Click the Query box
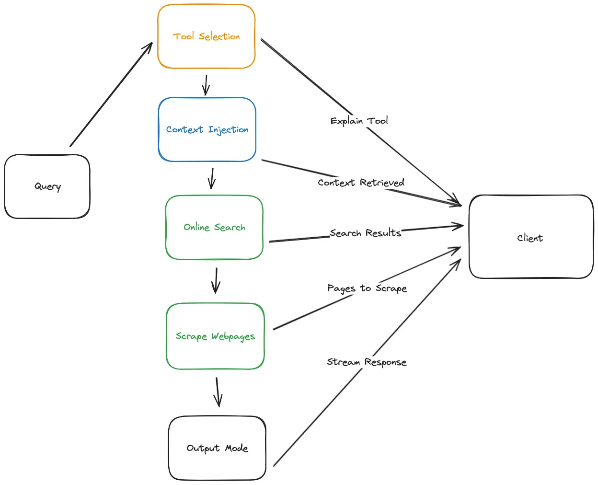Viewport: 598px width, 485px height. [47, 186]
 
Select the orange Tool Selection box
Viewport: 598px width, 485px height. [206, 36]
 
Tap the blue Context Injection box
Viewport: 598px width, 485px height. [207, 129]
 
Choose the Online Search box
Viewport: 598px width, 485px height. [214, 227]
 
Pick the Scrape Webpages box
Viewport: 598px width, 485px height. [215, 336]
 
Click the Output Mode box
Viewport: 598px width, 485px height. [217, 448]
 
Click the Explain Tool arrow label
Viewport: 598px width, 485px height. [359, 121]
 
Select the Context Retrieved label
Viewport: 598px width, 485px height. [361, 183]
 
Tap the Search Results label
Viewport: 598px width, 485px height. [365, 233]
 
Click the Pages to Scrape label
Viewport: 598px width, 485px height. [367, 288]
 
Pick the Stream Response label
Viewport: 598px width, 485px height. [367, 362]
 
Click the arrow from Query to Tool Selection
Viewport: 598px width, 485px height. [111, 94]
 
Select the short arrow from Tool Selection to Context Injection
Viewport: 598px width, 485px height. [206, 85]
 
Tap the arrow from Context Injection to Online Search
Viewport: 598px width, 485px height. [212, 178]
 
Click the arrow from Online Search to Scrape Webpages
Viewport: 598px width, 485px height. [216, 281]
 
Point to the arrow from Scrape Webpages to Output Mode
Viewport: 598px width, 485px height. [218, 392]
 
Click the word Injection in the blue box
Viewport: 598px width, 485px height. [228, 129]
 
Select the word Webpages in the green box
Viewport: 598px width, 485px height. [233, 336]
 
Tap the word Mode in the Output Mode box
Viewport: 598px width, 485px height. [237, 448]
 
